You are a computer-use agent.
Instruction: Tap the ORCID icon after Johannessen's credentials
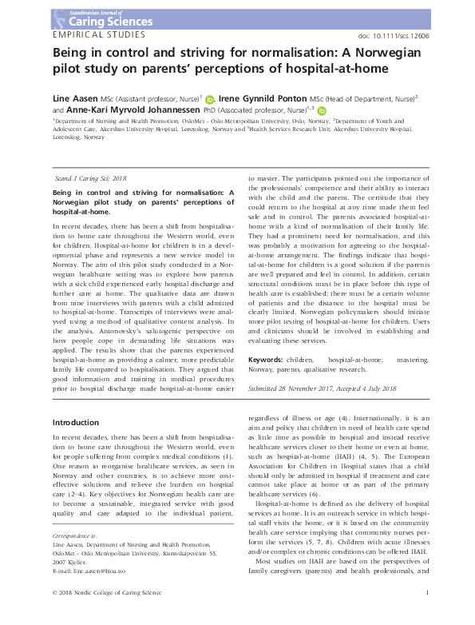coord(322,110)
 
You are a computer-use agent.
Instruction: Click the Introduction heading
coord(75,421)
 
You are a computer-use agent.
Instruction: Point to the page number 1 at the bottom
coord(428,613)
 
